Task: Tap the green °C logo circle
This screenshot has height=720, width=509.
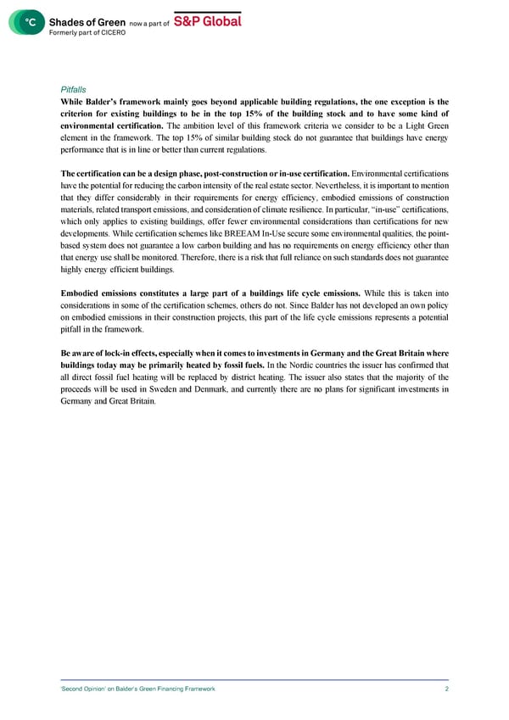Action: tap(27, 23)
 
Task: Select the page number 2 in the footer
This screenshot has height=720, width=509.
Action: tap(446, 689)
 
